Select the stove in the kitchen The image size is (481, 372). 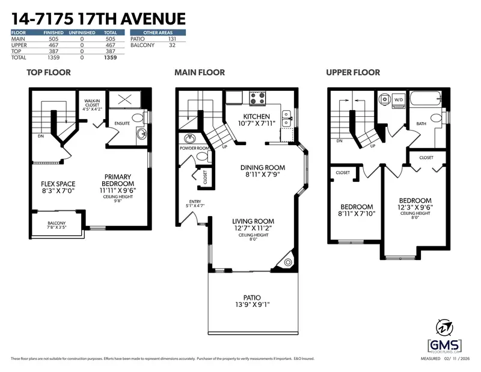[x=257, y=97]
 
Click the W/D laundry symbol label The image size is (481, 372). [x=398, y=100]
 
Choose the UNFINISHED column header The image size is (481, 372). [x=82, y=32]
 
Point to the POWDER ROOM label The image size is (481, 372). [x=194, y=148]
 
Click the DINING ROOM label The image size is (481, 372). [x=262, y=168]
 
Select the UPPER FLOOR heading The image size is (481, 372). [x=352, y=72]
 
